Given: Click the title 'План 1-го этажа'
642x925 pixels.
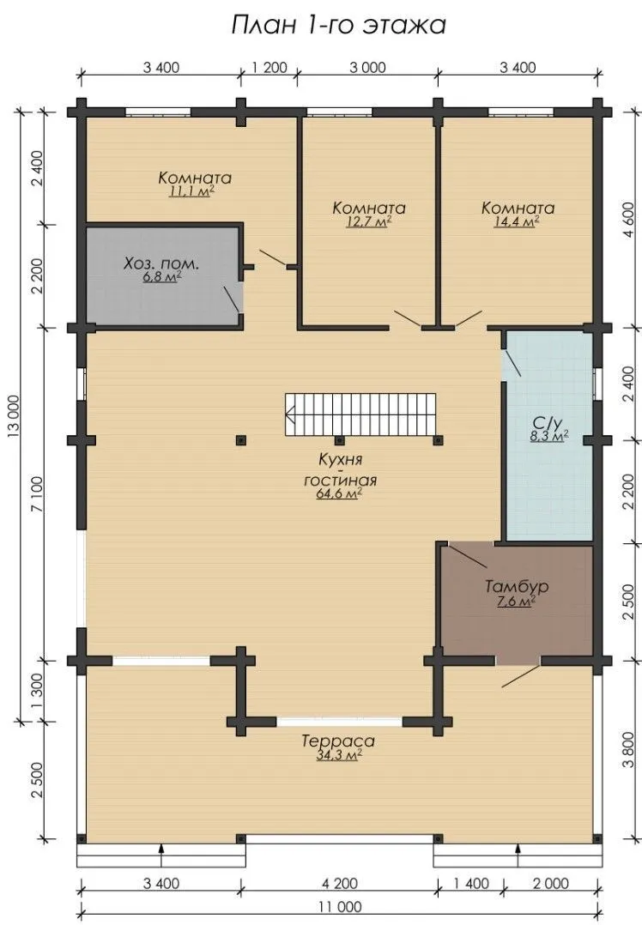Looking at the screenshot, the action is point(338,26).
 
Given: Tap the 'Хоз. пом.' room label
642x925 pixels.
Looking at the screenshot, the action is point(161,263).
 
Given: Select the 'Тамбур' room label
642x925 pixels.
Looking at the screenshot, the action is point(517,587).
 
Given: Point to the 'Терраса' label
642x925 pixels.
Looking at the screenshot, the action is point(338,741).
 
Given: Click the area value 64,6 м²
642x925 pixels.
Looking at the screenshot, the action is point(339,493).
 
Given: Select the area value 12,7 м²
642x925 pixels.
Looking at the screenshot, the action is point(370,221).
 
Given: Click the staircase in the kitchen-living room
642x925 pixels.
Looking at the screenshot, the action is point(361,414).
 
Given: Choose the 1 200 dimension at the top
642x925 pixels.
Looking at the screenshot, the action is point(270,67).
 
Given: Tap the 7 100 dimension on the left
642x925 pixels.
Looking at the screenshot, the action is point(37,493).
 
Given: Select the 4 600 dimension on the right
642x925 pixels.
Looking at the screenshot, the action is point(628,220).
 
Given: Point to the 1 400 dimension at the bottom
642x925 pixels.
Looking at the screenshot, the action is point(472,883).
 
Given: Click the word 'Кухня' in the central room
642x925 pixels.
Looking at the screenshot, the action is point(341,460).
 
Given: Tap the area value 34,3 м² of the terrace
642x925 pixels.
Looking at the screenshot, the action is point(339,755).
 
